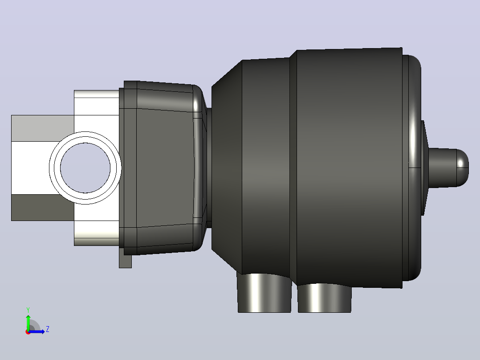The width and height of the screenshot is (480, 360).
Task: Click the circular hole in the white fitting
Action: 85,168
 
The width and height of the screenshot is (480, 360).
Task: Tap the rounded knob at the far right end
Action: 448,168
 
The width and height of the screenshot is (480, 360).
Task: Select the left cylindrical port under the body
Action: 264,293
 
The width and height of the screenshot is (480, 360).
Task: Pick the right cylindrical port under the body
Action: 325,298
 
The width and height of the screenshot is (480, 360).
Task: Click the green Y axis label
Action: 28,310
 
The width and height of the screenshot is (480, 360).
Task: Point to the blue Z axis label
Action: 48,329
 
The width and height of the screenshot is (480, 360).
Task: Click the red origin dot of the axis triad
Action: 28,332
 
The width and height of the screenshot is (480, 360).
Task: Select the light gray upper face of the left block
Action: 43,128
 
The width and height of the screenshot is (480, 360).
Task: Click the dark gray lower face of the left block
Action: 43,208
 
